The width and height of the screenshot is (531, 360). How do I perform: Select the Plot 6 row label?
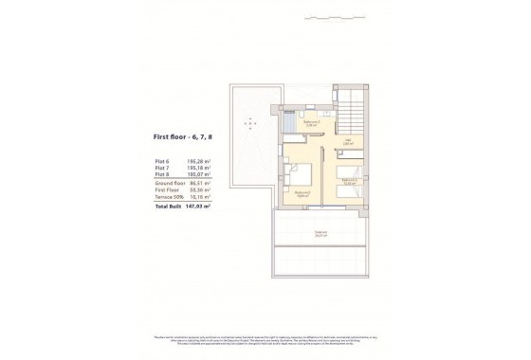164,161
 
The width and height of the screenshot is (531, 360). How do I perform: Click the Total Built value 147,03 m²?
198,206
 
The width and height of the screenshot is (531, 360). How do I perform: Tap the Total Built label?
168,206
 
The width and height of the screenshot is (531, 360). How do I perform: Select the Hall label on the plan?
348,141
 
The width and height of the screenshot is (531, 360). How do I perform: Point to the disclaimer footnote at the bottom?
265,339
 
